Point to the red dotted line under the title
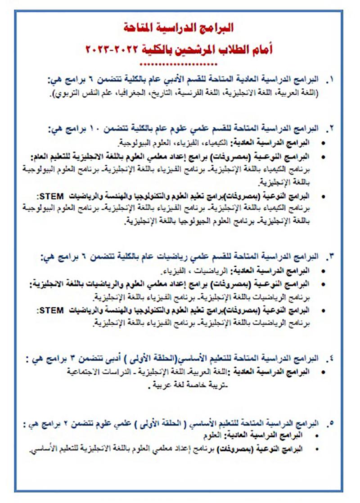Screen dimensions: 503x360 click(x=180, y=63)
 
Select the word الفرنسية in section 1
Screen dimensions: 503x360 click(x=203, y=93)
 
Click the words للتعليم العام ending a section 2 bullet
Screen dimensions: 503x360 click(x=49, y=157)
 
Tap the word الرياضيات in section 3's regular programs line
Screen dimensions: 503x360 click(x=213, y=272)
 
